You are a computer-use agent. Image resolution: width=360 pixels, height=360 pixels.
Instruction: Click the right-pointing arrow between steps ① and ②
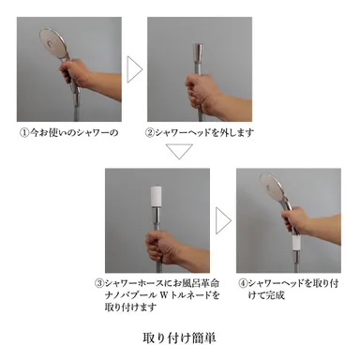pos(134,70)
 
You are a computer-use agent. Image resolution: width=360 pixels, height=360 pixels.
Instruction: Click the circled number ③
pos(98,282)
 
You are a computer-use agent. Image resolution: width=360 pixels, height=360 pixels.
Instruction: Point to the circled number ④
pos(243,282)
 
